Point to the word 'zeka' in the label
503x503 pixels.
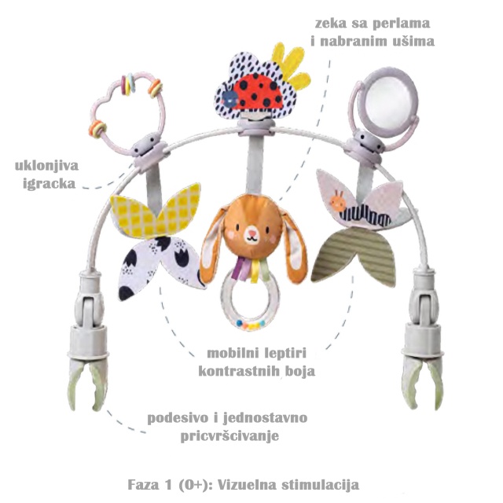tap(330, 24)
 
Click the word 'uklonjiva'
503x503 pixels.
tap(47, 166)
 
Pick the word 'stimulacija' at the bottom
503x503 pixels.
tap(321, 485)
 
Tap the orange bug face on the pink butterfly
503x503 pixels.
tap(338, 201)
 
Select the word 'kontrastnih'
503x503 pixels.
tap(239, 372)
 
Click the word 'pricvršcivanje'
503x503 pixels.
tap(229, 436)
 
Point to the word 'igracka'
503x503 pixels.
tap(49, 184)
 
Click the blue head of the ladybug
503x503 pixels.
tap(229, 98)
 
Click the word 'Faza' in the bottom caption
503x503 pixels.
tap(143, 485)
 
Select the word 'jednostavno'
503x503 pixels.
tap(265, 418)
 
